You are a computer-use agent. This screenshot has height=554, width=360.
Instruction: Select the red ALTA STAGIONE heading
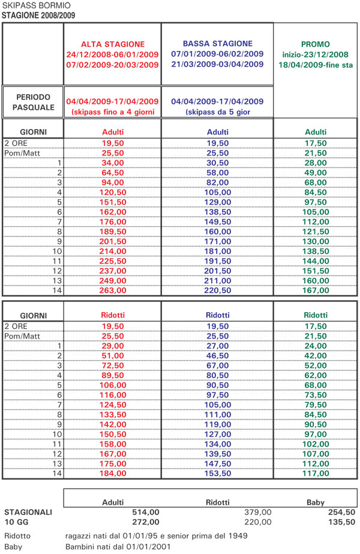click(112, 44)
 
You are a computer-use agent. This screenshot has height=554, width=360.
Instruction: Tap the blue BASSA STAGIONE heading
click(217, 43)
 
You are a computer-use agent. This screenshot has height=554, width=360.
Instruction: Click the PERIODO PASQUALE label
click(33, 102)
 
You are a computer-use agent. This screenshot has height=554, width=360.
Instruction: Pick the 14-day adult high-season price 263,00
click(112, 290)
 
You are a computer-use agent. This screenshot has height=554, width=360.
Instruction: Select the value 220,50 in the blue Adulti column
click(217, 290)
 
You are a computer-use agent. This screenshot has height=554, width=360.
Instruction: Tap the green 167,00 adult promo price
click(315, 290)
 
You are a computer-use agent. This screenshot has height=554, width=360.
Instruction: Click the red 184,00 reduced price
click(112, 473)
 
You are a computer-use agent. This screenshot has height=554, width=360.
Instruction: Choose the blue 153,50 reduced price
click(217, 473)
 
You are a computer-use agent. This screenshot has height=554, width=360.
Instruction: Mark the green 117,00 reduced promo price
click(315, 473)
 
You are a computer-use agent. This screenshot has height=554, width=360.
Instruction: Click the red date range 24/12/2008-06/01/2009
click(112, 54)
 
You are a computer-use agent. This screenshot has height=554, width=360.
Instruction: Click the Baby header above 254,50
click(315, 502)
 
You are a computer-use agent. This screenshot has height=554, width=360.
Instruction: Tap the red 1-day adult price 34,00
click(112, 163)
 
